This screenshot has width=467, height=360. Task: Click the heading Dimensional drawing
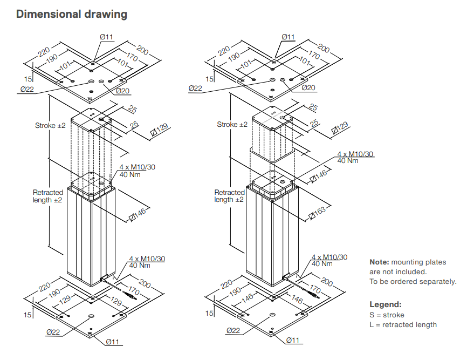(x=72, y=14)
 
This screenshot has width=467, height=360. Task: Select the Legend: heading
(x=385, y=304)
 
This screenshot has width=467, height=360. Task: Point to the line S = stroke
(x=387, y=315)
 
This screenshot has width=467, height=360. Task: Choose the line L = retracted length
(x=403, y=324)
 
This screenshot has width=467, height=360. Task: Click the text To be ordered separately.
(x=413, y=282)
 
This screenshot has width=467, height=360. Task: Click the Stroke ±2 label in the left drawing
(x=50, y=125)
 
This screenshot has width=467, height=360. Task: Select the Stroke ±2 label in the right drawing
(x=232, y=125)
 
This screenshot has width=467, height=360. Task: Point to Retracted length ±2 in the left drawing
(x=48, y=196)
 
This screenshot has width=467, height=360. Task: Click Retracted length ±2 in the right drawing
(x=230, y=196)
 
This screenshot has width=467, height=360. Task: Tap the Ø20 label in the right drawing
(x=308, y=88)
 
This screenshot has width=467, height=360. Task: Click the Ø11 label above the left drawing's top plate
(x=106, y=37)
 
